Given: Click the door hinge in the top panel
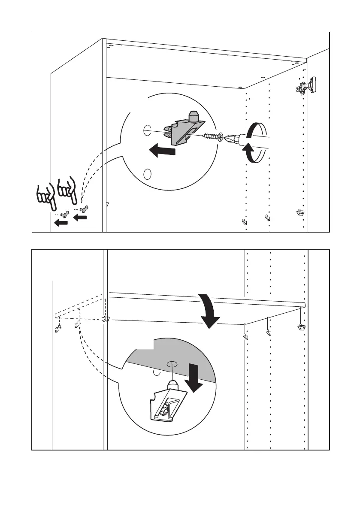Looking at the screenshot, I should point(306,86).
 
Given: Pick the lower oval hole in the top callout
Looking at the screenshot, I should point(147,174).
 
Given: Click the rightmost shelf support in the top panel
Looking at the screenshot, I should point(300,212).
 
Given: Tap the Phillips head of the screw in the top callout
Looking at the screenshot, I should point(221,138).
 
